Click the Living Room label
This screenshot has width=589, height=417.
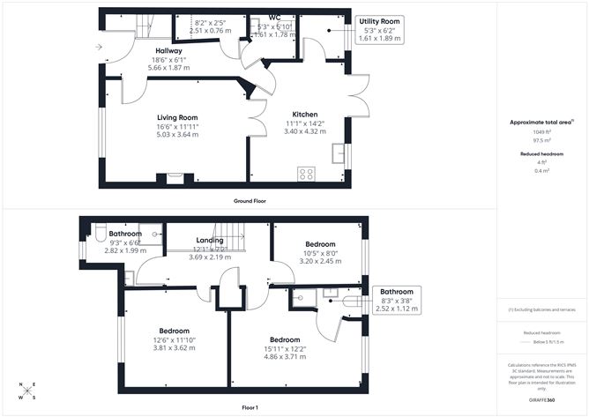tap(177, 117)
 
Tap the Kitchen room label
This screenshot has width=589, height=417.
tap(304, 114)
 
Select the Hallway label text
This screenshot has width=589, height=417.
tap(168, 51)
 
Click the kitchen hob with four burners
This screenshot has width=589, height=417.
tap(306, 174)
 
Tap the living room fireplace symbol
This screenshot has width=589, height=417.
tap(173, 181)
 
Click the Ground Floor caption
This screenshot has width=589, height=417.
tap(250, 200)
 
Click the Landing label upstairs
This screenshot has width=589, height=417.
tap(209, 240)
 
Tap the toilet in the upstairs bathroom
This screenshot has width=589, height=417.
tap(101, 235)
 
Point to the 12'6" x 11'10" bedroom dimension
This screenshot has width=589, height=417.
tap(174, 339)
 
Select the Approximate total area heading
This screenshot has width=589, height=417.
tap(540, 123)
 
